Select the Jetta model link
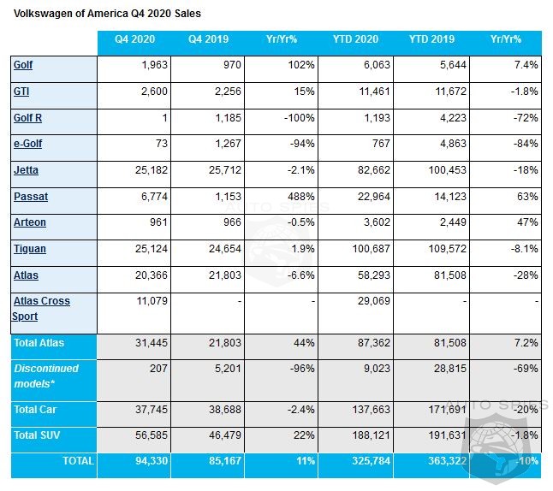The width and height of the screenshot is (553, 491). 26,170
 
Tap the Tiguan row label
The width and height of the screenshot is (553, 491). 30,249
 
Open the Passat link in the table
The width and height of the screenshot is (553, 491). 31,197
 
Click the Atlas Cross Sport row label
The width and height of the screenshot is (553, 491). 41,308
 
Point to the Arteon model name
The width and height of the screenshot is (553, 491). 30,222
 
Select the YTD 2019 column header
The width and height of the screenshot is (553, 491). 429,39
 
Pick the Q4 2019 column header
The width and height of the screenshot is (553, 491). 207,39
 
